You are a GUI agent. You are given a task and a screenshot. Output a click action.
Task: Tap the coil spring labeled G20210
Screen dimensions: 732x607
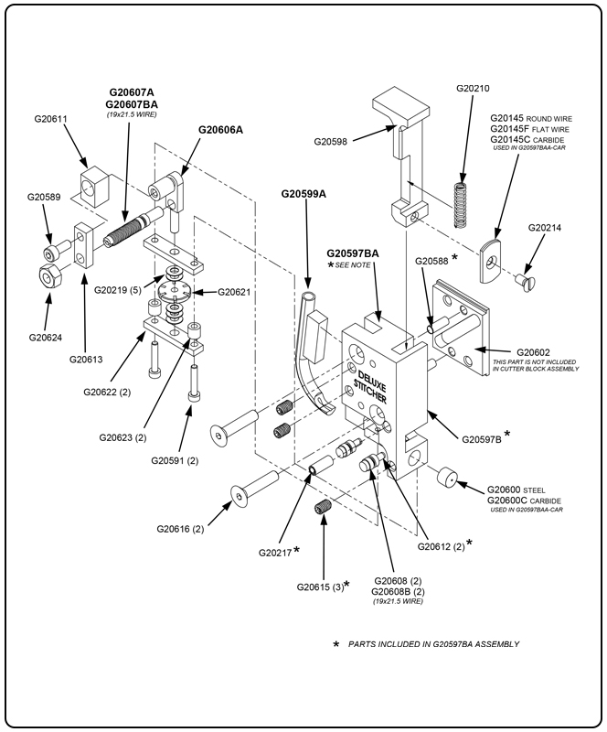tap(463, 203)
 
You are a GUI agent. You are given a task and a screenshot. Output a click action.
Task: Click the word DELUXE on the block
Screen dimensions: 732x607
tap(370, 378)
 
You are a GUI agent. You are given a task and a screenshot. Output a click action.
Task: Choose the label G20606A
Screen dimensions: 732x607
tap(220, 130)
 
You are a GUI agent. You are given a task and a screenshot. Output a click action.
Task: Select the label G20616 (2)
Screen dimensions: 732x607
tap(180, 529)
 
